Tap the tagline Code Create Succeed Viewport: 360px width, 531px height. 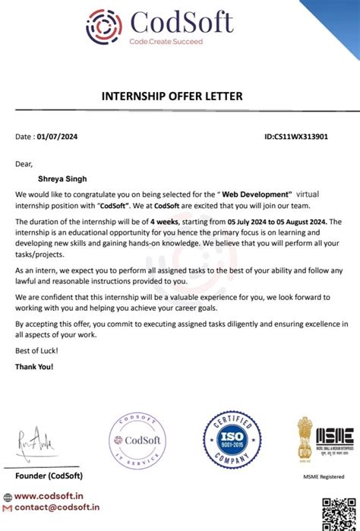click(x=166, y=42)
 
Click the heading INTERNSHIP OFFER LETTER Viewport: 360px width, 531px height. click(x=172, y=96)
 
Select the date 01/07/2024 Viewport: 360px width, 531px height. click(x=57, y=137)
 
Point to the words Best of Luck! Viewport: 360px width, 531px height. click(x=36, y=350)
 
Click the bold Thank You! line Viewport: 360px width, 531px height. click(x=35, y=366)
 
